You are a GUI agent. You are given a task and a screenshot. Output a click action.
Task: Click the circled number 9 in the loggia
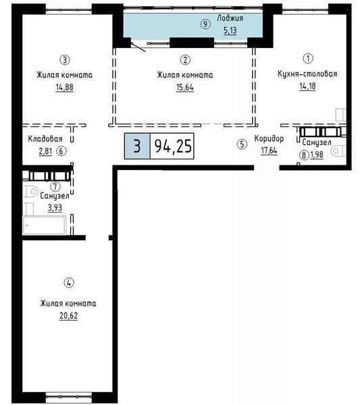(205, 24)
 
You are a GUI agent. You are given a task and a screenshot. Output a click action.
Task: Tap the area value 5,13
(230, 30)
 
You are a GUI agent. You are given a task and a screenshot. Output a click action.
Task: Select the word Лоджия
(230, 18)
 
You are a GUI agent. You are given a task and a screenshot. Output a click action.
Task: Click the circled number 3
(65, 60)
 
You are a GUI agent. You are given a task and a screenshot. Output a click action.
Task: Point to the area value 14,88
(65, 87)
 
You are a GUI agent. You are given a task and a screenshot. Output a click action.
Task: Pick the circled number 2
(185, 60)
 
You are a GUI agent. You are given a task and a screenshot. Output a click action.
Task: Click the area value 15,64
(185, 87)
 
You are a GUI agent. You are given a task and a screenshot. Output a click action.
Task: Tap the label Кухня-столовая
(307, 74)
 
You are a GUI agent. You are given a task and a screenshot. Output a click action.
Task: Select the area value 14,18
(307, 86)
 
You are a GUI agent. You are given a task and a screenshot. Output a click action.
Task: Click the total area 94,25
(173, 146)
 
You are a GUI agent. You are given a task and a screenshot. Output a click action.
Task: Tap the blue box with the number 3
(137, 146)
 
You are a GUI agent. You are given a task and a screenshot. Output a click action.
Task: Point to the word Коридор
(269, 138)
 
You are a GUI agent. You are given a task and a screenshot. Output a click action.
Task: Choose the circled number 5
(242, 144)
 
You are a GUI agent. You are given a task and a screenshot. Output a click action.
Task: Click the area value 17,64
(269, 151)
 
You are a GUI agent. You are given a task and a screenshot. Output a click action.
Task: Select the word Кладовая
(45, 139)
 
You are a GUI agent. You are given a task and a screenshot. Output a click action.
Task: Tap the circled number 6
(61, 151)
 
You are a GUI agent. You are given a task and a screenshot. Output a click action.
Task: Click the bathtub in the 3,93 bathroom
(44, 225)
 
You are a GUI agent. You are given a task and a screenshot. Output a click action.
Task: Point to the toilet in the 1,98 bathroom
(338, 151)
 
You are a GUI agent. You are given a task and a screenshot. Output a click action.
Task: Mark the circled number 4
(69, 283)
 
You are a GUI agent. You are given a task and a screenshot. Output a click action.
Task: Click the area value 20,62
(68, 316)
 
